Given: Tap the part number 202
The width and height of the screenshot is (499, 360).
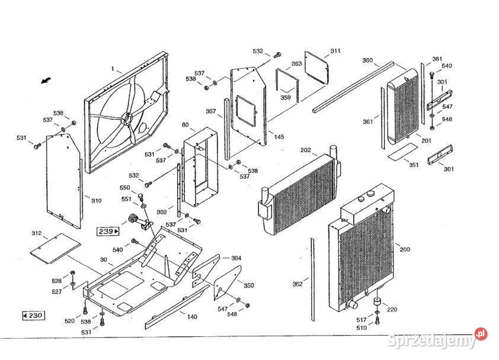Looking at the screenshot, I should [306, 150].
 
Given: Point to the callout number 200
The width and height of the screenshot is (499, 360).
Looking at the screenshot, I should [405, 250].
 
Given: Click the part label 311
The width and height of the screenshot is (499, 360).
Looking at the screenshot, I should [335, 51].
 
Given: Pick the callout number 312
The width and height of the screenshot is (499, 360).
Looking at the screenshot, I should [37, 233].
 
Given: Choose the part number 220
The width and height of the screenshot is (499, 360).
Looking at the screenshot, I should [392, 309].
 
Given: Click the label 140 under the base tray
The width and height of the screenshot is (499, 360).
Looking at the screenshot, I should [192, 317].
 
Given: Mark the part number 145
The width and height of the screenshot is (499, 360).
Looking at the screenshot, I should [279, 137].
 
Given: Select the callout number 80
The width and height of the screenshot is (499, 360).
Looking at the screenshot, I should [185, 125].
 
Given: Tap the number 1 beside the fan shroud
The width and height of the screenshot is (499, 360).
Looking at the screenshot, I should [112, 69].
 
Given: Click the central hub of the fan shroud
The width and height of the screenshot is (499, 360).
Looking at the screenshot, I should [127, 118].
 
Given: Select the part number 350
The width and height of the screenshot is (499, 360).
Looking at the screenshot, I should [249, 285].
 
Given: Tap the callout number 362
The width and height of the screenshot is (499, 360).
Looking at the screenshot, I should [298, 284].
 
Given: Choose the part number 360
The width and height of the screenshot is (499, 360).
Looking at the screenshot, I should [367, 60].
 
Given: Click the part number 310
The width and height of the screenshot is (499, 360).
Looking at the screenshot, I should [96, 200].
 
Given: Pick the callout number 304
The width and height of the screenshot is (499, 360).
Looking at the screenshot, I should [236, 258].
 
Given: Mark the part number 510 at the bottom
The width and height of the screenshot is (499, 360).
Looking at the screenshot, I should [362, 327].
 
